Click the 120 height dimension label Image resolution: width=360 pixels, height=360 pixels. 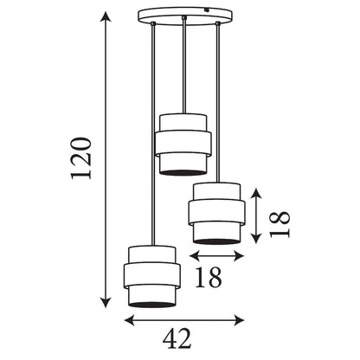81,158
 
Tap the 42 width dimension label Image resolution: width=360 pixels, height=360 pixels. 177,338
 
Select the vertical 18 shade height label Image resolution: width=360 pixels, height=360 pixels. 280,224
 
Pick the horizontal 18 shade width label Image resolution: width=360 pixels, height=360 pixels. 209,277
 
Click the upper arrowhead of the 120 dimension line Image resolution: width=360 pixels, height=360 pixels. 106,16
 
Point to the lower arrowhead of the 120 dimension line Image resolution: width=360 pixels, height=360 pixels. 106,302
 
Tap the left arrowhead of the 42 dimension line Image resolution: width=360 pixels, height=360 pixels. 130,320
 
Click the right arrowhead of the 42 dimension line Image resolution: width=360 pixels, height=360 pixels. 239,320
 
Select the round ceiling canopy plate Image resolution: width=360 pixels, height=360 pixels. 185,16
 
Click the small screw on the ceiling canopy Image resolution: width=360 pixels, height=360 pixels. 206,10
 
